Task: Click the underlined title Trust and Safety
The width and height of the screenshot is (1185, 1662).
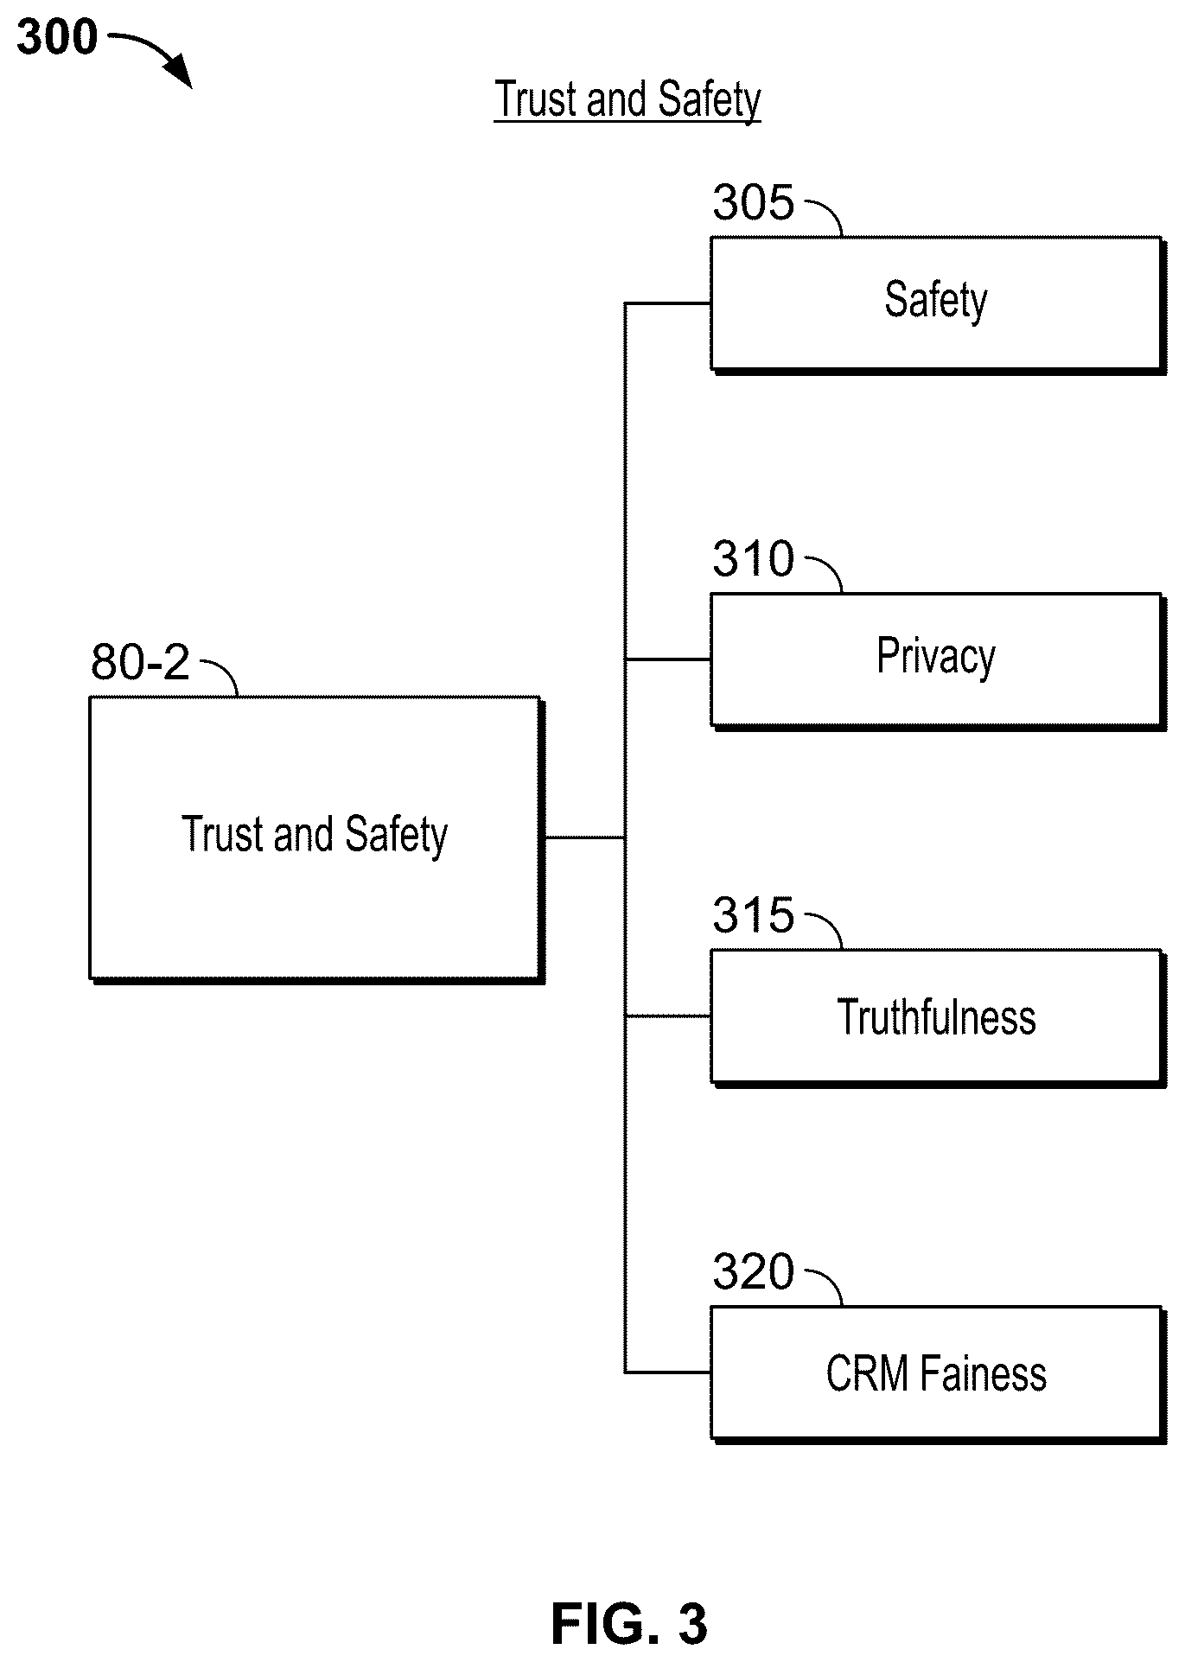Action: click(628, 100)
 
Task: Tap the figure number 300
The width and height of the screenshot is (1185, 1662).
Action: click(57, 38)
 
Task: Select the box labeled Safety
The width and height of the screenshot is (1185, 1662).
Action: click(938, 305)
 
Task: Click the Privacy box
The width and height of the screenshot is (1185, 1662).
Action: click(938, 661)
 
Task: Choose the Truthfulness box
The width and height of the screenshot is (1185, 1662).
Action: click(938, 1018)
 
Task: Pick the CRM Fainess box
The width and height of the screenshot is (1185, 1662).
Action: click(938, 1374)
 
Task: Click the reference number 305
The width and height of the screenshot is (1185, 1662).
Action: click(753, 204)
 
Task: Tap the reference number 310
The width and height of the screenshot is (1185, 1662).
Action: click(753, 559)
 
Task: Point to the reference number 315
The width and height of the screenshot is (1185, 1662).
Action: click(753, 915)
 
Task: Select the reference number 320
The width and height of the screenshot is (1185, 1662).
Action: click(753, 1272)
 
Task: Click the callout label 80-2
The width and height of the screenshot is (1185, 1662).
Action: click(140, 663)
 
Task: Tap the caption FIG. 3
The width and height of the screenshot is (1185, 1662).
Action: click(629, 1623)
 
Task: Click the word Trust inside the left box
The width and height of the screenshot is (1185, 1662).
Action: click(220, 835)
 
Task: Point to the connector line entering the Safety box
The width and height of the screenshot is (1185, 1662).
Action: click(667, 303)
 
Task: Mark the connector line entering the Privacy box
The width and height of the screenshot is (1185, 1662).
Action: click(667, 659)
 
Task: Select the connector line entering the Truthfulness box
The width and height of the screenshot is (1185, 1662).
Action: click(667, 1016)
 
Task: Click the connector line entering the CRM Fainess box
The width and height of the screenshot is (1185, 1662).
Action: click(667, 1372)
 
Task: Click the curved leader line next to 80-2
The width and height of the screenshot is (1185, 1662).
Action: click(220, 674)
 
